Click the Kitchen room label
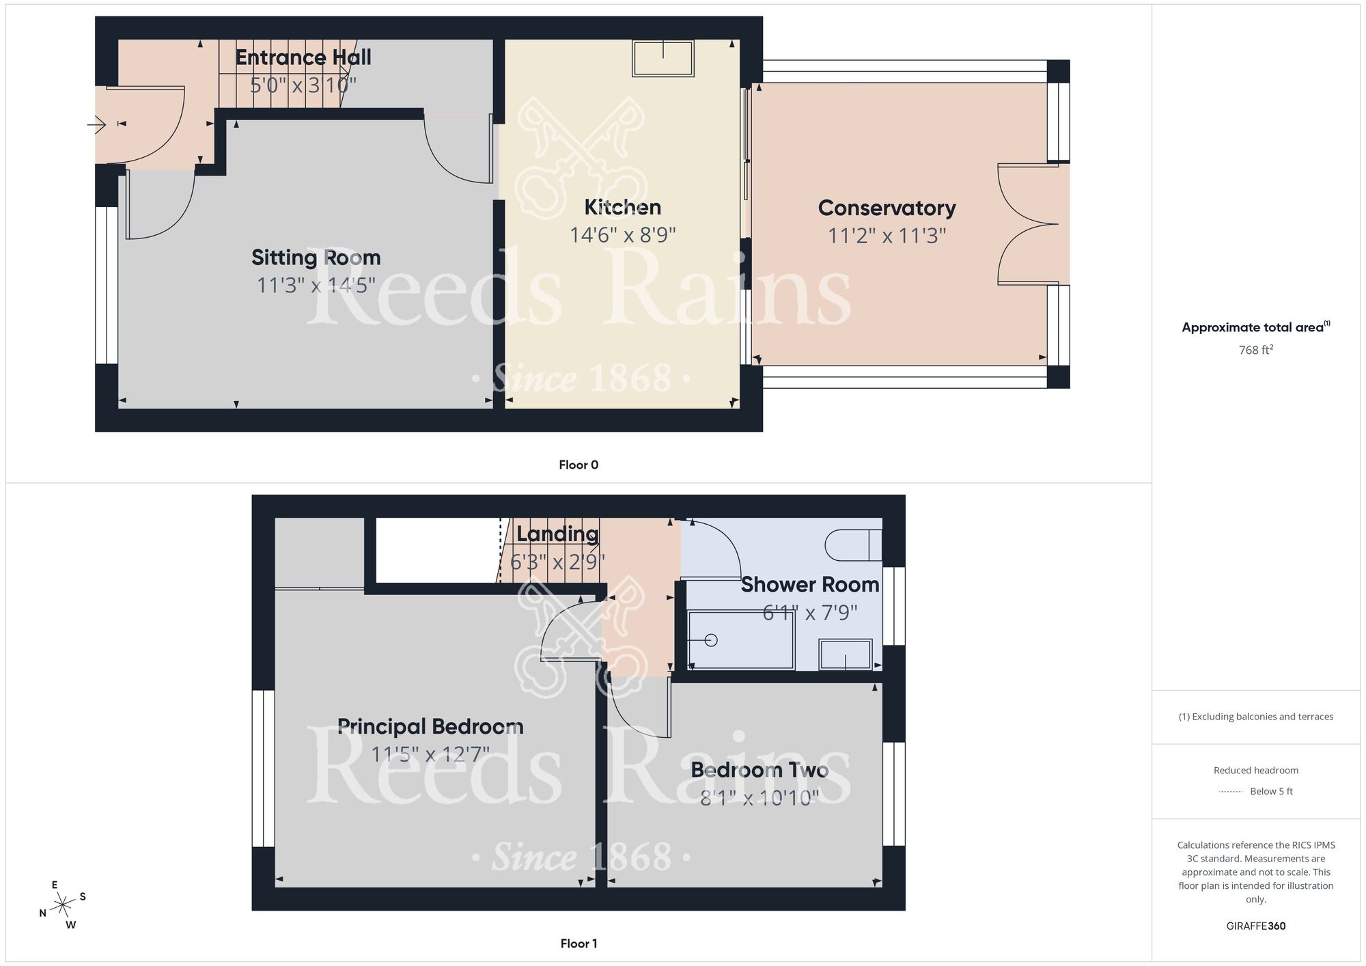pos(622,207)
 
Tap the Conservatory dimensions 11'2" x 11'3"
pos(887,236)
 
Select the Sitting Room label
pos(316,258)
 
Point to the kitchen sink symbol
pos(663,58)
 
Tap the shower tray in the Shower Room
pos(740,640)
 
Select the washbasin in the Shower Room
pos(846,654)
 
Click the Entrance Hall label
pos(303,57)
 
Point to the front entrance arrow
pos(96,124)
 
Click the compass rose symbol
pos(63,905)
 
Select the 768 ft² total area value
pos(1255,350)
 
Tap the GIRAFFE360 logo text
pos(1255,926)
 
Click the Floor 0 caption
pos(579,465)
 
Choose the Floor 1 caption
pos(579,943)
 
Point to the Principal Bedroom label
pos(430,726)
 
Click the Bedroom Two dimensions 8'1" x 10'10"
pos(759,797)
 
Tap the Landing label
pos(557,534)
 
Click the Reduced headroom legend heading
pos(1255,770)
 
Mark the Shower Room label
pos(809,585)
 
